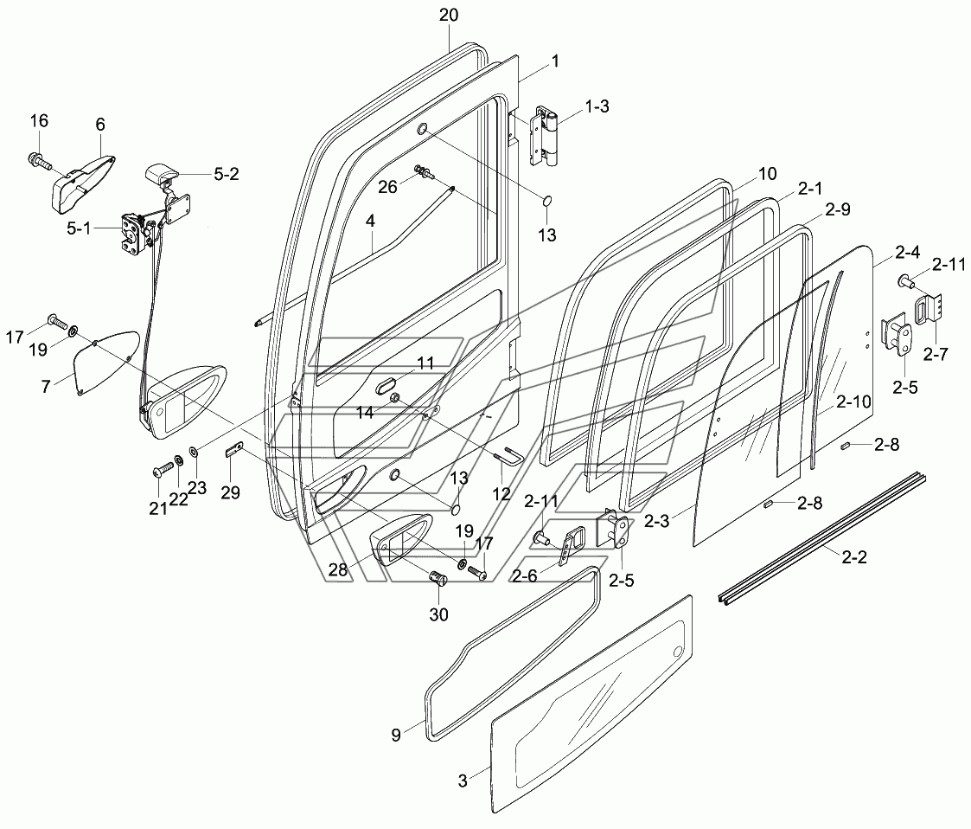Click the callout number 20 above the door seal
point(449,16)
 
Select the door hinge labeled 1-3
point(546,137)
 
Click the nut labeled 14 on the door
point(396,398)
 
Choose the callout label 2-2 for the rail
point(853,558)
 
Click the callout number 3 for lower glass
point(463,781)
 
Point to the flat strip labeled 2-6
point(568,547)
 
